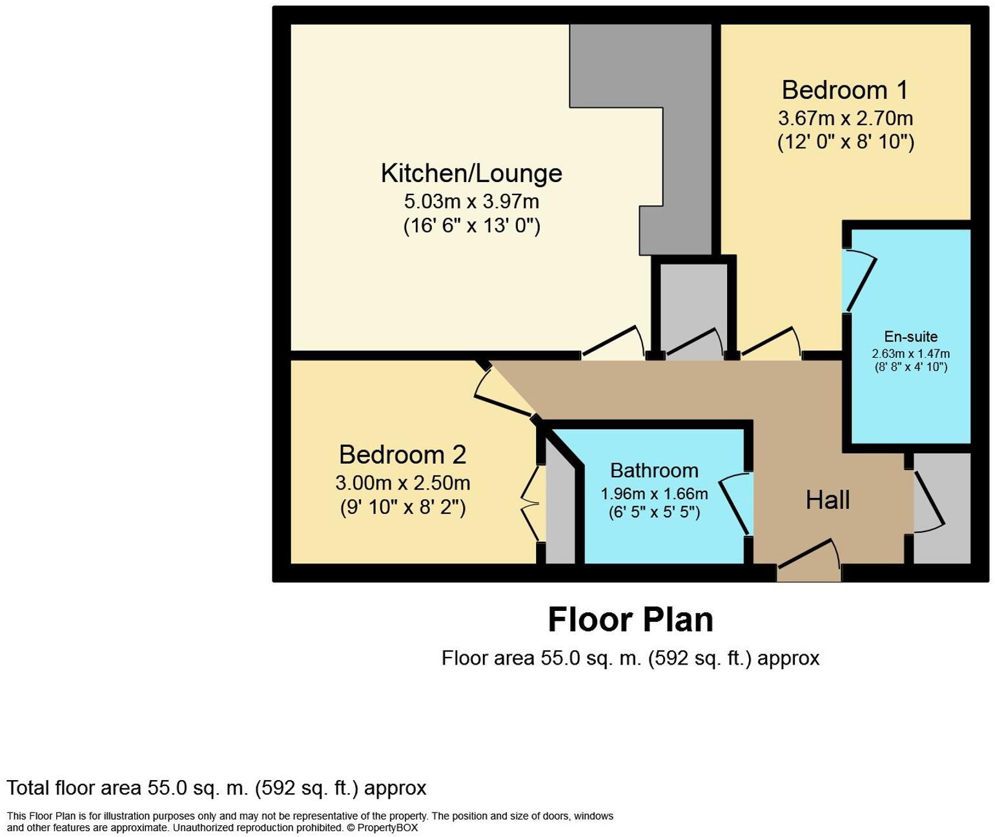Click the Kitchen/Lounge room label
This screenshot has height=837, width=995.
pos(471,174)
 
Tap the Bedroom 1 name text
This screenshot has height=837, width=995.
pos(845,90)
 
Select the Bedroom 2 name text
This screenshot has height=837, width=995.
pos(402,455)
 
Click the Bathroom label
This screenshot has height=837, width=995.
pos(654,470)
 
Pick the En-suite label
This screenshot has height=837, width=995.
pos(910,337)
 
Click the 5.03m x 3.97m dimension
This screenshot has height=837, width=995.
pos(471,201)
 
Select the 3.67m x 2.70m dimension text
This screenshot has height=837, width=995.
pos(845,119)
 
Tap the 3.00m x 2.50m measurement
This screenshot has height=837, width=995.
pos(402,483)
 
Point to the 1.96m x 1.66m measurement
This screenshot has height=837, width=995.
pos(654,494)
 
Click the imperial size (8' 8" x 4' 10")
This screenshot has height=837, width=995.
pos(910,367)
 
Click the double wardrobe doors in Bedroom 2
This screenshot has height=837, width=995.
pos(531,504)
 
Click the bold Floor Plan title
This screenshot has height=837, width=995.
pos(630,620)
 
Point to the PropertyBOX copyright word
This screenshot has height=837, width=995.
pos(387,828)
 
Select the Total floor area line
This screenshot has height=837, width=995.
pos(216,789)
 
